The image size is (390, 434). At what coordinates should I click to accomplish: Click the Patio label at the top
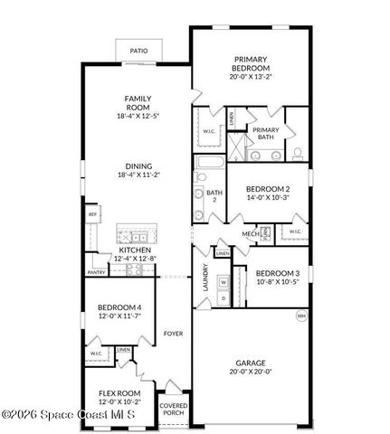coord(138,52)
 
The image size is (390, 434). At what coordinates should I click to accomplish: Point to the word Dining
coord(138,166)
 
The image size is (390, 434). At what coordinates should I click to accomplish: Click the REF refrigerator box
coord(92,214)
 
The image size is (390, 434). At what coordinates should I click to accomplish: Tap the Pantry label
coord(96,271)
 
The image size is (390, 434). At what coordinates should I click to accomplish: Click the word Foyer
coord(173,334)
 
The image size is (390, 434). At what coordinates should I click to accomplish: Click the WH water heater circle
coord(301,316)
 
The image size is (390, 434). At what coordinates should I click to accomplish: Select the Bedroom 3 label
coord(278,273)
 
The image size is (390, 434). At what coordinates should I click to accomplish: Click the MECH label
coord(250,234)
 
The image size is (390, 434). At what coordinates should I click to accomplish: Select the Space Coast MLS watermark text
coord(70,415)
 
